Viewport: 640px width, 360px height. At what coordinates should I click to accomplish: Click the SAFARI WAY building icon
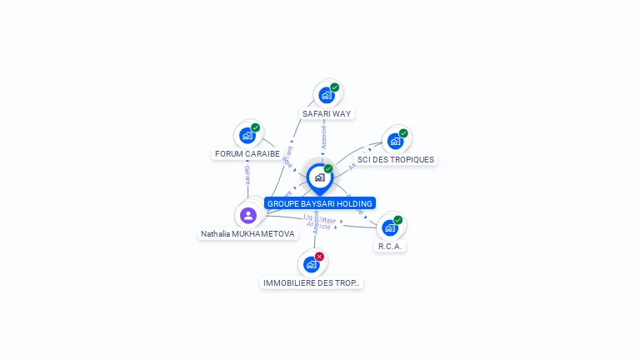327,95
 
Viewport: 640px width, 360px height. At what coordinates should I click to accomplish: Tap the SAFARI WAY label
327,113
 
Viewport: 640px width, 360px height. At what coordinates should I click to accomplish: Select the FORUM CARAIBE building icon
247,135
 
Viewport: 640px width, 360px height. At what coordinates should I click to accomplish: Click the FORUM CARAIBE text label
247,154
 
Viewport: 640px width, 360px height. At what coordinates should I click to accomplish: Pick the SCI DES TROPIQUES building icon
395,141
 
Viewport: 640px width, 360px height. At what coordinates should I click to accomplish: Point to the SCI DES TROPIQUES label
396,159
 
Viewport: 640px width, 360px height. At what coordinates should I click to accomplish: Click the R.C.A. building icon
390,227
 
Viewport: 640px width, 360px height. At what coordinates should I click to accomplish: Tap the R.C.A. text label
390,247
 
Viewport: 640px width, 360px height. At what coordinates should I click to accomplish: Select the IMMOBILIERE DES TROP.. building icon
312,265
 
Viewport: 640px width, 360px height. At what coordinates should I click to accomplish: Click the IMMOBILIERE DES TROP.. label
312,283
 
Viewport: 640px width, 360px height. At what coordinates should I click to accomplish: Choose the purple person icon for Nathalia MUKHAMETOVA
247,215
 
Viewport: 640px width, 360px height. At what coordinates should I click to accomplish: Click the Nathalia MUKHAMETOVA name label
247,234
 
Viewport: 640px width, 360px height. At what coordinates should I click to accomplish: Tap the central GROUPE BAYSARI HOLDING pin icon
319,177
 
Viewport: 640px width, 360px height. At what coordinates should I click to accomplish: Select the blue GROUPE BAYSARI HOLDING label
320,203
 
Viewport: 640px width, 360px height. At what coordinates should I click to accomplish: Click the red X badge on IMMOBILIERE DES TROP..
319,257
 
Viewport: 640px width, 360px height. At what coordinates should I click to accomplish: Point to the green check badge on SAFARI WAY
335,87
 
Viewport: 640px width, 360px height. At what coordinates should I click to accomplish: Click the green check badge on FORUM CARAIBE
256,127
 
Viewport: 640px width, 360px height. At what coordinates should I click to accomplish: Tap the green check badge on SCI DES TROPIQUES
403,133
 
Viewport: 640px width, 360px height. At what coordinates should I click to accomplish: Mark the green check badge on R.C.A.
398,220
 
